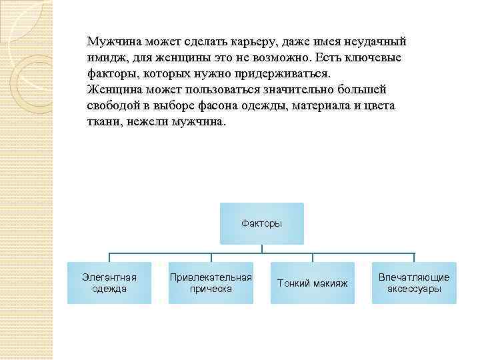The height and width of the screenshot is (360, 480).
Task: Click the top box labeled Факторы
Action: click(261, 223)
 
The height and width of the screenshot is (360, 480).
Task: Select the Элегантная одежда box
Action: click(109, 283)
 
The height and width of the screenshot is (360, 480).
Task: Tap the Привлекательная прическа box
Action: click(211, 283)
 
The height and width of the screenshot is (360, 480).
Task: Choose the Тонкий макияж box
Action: click(312, 283)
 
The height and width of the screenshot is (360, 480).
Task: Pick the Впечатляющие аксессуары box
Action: click(414, 283)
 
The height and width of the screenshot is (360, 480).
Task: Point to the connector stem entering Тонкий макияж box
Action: click(313, 258)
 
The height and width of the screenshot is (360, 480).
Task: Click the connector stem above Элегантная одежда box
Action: click(109, 258)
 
